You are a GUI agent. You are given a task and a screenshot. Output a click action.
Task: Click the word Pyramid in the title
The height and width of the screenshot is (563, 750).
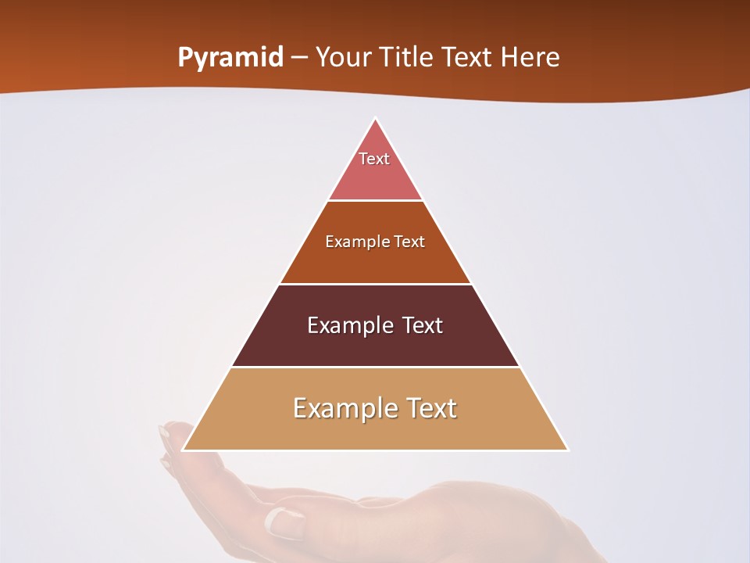(230, 57)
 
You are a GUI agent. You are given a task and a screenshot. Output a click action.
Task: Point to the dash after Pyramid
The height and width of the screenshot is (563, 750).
(299, 58)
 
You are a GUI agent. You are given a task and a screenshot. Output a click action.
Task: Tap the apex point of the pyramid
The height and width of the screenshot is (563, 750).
(376, 119)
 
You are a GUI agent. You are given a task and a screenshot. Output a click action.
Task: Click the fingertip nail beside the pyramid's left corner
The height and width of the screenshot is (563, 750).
(165, 432)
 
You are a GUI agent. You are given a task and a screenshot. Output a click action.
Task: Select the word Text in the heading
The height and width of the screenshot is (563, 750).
(468, 57)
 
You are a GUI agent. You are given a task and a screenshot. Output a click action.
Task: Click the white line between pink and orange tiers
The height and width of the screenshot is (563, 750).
(375, 201)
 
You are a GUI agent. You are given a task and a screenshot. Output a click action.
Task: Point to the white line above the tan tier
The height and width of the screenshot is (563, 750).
(375, 367)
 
